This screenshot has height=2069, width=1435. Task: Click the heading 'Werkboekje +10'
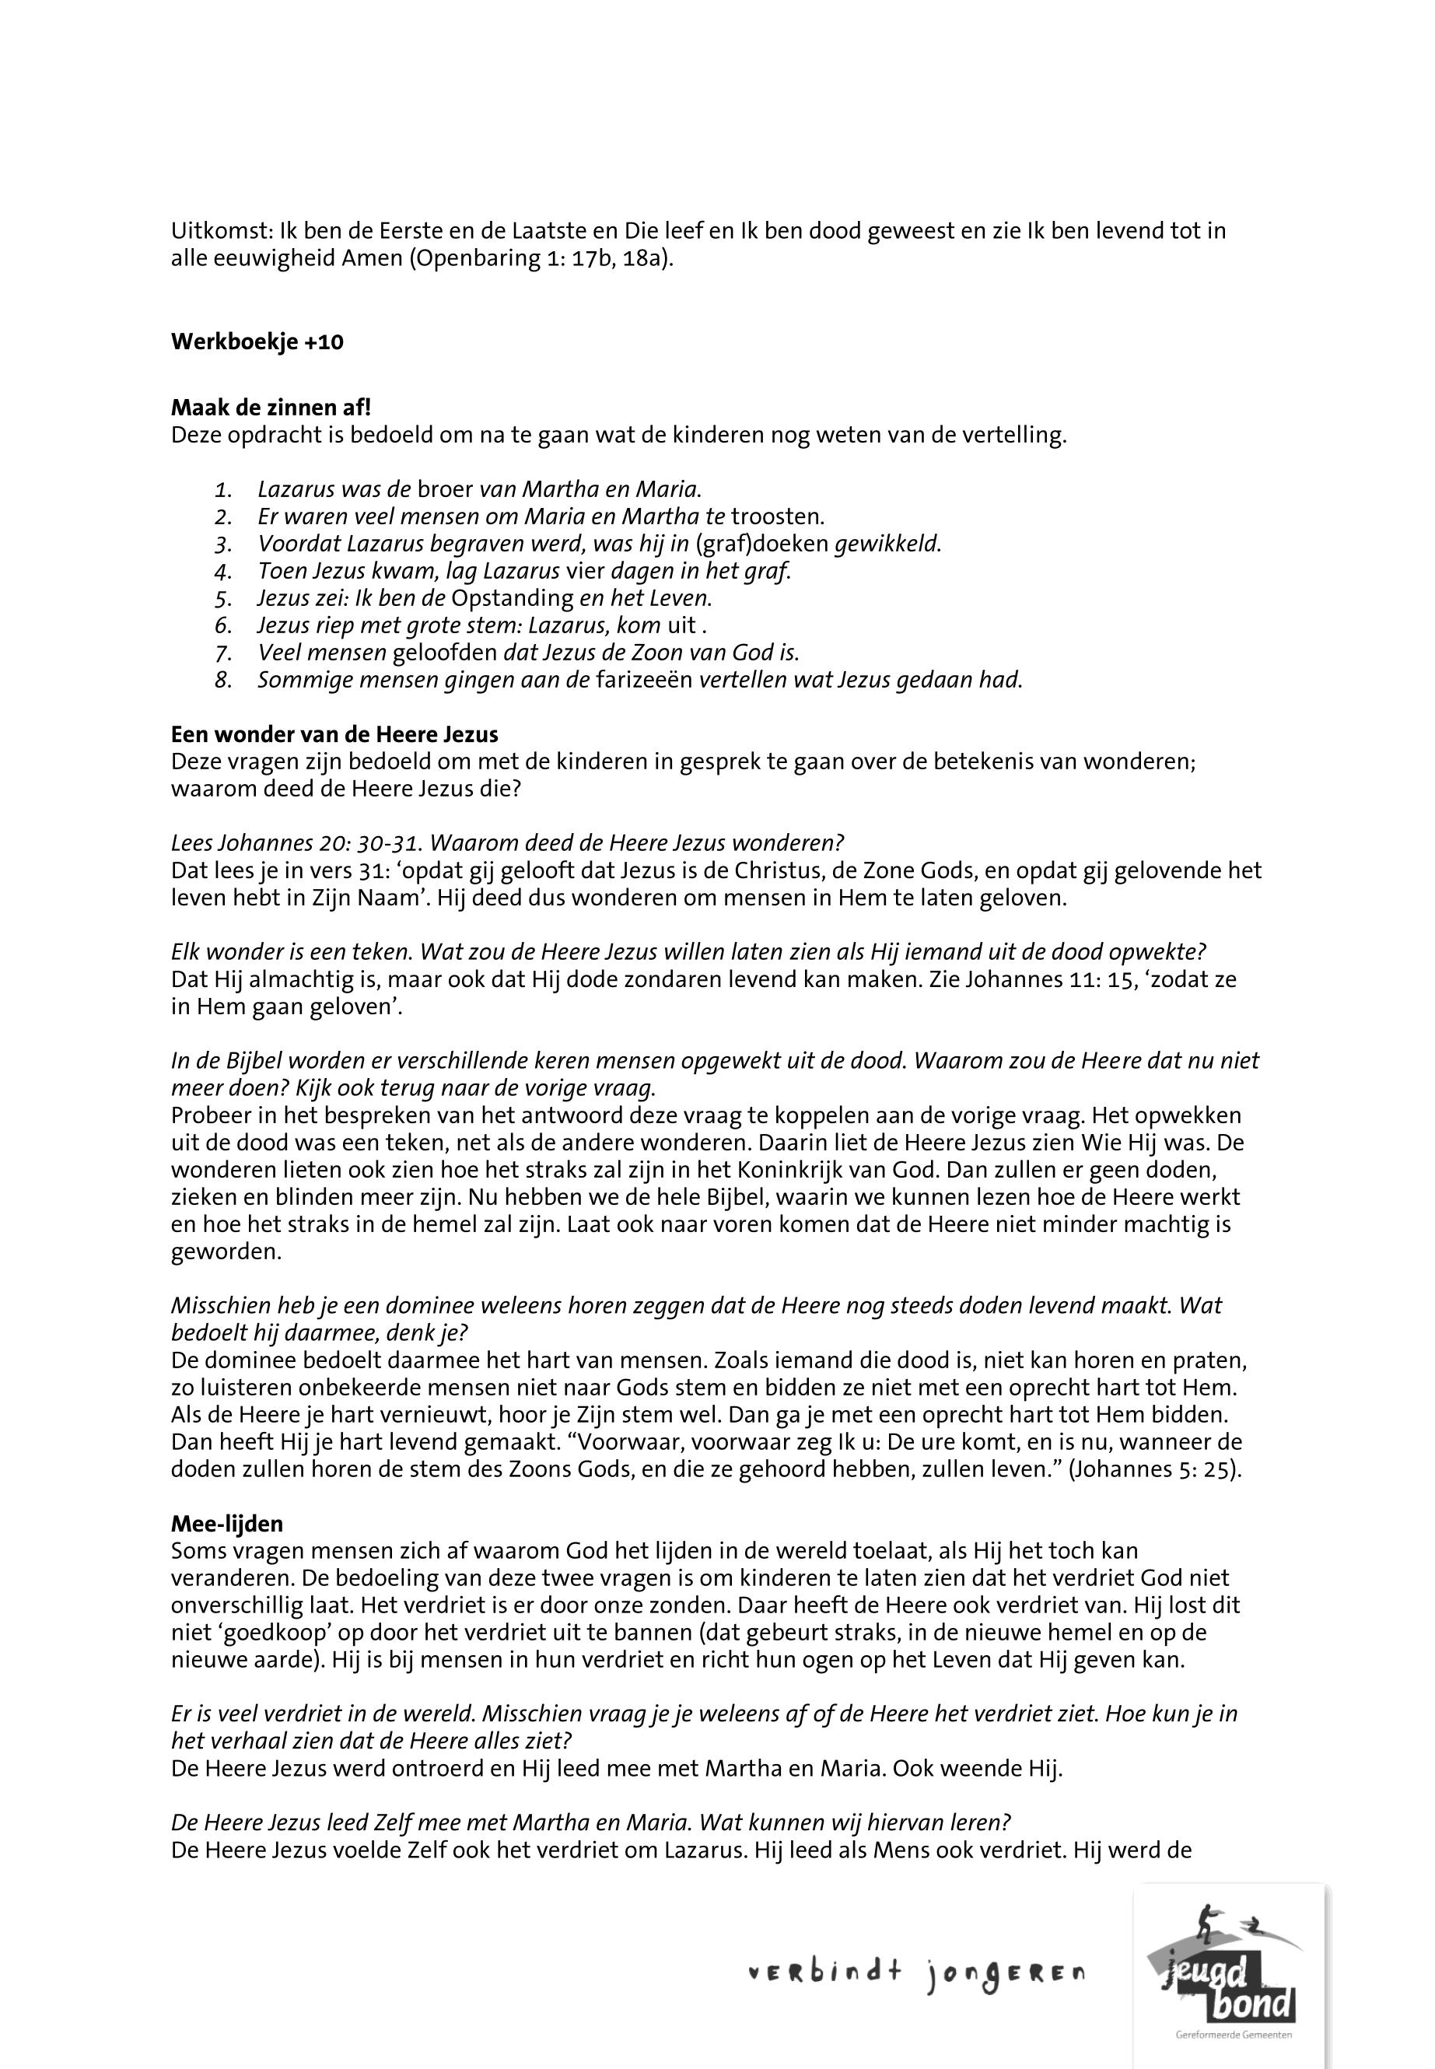pyautogui.click(x=257, y=342)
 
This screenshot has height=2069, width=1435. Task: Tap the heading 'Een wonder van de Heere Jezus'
pyautogui.click(x=334, y=734)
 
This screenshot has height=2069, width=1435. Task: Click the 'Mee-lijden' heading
pyautogui.click(x=226, y=1524)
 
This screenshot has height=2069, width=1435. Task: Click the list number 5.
pyautogui.click(x=224, y=598)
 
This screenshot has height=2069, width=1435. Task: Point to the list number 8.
pyautogui.click(x=224, y=680)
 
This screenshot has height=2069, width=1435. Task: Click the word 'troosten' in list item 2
pyautogui.click(x=776, y=517)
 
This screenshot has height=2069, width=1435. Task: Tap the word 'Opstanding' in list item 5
pyautogui.click(x=513, y=598)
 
